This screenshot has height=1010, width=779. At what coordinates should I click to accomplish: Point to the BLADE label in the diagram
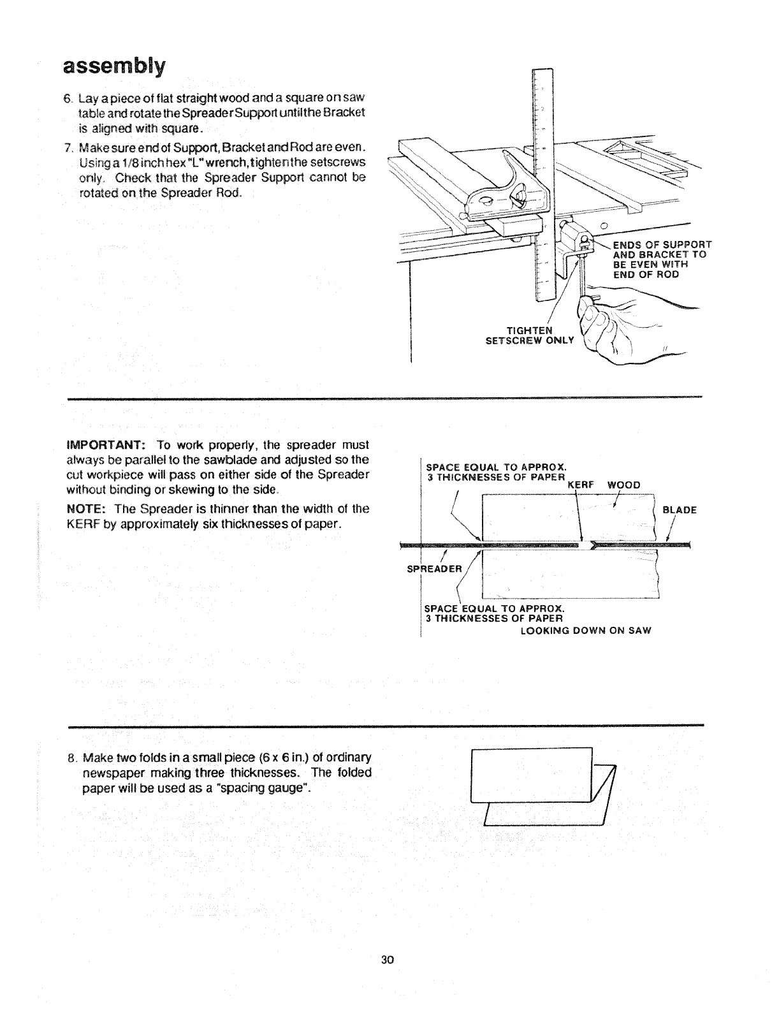[x=680, y=510]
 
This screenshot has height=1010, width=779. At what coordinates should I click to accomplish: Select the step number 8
[x=72, y=758]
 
